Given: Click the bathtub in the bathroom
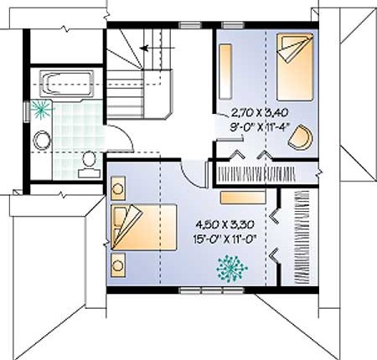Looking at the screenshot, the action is [66, 84].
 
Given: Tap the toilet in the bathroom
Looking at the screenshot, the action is [89, 165].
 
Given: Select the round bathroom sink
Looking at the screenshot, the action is [42, 141].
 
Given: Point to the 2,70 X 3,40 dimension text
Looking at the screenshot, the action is [260, 113].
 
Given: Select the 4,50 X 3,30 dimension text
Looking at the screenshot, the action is [225, 224].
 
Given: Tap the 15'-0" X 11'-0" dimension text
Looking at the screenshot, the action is [225, 239].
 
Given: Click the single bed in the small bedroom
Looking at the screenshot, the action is [295, 67].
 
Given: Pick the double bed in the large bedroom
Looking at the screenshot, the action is [143, 227].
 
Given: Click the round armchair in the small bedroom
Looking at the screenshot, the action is [301, 138].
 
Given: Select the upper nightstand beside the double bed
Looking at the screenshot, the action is [118, 188].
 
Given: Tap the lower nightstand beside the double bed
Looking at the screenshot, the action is [118, 265].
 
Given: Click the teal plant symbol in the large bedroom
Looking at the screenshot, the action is [231, 269].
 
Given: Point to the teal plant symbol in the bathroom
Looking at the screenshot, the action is [41, 110].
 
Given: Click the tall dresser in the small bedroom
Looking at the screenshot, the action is [225, 71].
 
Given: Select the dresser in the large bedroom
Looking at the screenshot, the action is [243, 198].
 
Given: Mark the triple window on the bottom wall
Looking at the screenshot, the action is [211, 291].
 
